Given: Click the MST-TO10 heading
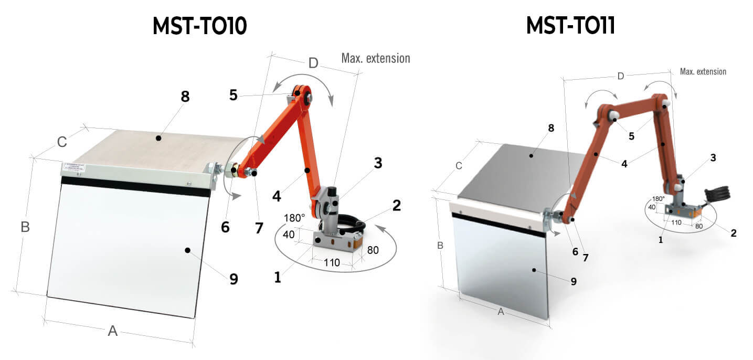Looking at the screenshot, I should click(x=199, y=26).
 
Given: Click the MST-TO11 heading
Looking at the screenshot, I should click(x=570, y=26).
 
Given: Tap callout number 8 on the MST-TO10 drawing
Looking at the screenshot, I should click(x=185, y=97).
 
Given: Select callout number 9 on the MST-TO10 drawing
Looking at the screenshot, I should click(x=233, y=278).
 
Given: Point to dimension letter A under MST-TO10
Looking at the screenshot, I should click(x=113, y=331).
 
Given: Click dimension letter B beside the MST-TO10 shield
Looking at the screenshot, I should click(x=25, y=227).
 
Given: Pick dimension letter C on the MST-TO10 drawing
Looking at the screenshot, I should click(x=62, y=142).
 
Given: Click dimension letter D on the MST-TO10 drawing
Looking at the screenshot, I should click(x=313, y=63).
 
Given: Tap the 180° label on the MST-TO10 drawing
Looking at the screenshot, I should click(x=294, y=218).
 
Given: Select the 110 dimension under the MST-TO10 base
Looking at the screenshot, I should click(x=332, y=262).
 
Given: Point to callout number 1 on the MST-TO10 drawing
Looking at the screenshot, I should click(x=278, y=277).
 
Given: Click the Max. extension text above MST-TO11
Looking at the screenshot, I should click(x=703, y=71).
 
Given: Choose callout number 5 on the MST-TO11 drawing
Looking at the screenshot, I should click(x=631, y=136).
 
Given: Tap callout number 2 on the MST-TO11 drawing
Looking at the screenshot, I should click(x=733, y=232).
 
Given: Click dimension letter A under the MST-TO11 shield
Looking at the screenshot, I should click(x=501, y=312).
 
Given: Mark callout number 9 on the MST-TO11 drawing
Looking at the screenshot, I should click(x=574, y=281).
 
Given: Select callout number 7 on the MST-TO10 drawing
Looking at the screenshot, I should click(x=258, y=228).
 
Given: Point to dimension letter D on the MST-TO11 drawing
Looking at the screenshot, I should click(x=621, y=76).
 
